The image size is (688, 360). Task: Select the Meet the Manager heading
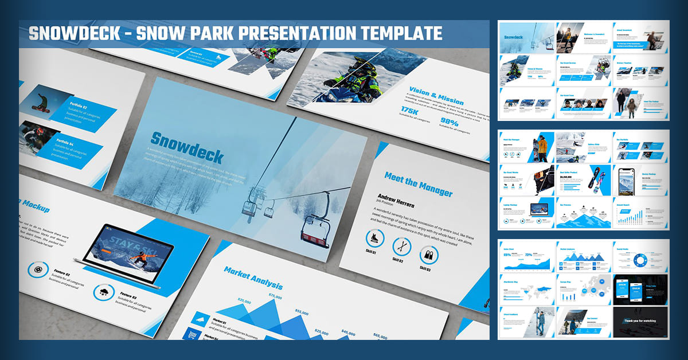click(x=418, y=185)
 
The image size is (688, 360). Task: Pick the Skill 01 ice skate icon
click(x=375, y=239)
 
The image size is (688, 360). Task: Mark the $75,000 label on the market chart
click(x=275, y=296)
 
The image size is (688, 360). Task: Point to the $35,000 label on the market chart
click(x=244, y=301)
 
